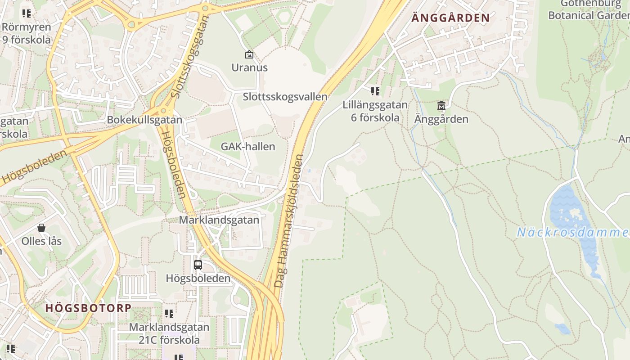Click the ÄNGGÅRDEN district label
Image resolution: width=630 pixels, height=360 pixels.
pyautogui.click(x=450, y=18)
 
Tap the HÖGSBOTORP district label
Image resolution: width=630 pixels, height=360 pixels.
pyautogui.click(x=88, y=308)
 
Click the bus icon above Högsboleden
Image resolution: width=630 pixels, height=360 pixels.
pyautogui.click(x=198, y=265)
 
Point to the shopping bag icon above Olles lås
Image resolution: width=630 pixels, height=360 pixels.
pyautogui.click(x=41, y=228)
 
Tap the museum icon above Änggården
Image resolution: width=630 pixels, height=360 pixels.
pyautogui.click(x=441, y=106)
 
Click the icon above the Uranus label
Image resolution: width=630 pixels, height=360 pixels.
pyautogui.click(x=249, y=55)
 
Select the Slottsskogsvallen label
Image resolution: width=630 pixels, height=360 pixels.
pyautogui.click(x=285, y=97)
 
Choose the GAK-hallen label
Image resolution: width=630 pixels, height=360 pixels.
pyautogui.click(x=247, y=147)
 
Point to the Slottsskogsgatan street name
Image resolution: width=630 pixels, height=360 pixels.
pyautogui.click(x=191, y=57)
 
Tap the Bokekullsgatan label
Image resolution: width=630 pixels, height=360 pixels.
pyautogui.click(x=144, y=120)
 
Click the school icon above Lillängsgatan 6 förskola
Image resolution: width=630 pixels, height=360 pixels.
pyautogui.click(x=375, y=92)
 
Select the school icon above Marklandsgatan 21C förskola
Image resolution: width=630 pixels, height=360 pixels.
pyautogui.click(x=169, y=314)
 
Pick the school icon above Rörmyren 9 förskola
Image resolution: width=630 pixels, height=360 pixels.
pyautogui.click(x=27, y=13)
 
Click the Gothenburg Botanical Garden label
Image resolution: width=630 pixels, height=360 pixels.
pyautogui.click(x=589, y=10)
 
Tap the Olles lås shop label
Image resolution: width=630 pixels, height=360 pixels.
pyautogui.click(x=41, y=241)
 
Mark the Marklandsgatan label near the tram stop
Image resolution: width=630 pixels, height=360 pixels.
pyautogui.click(x=219, y=220)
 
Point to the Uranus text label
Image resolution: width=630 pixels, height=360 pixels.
pyautogui.click(x=249, y=68)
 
